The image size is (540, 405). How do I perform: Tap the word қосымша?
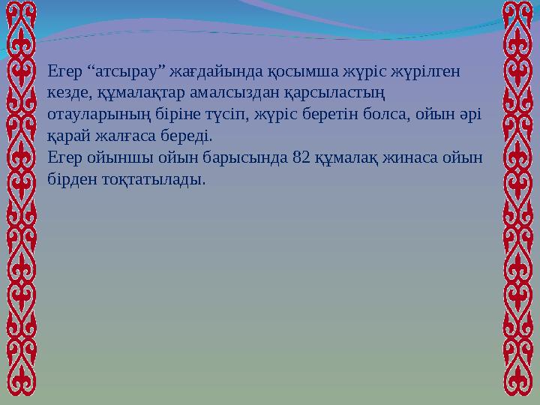291,72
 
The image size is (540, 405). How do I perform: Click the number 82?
303,158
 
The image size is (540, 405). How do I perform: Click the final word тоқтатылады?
154,180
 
